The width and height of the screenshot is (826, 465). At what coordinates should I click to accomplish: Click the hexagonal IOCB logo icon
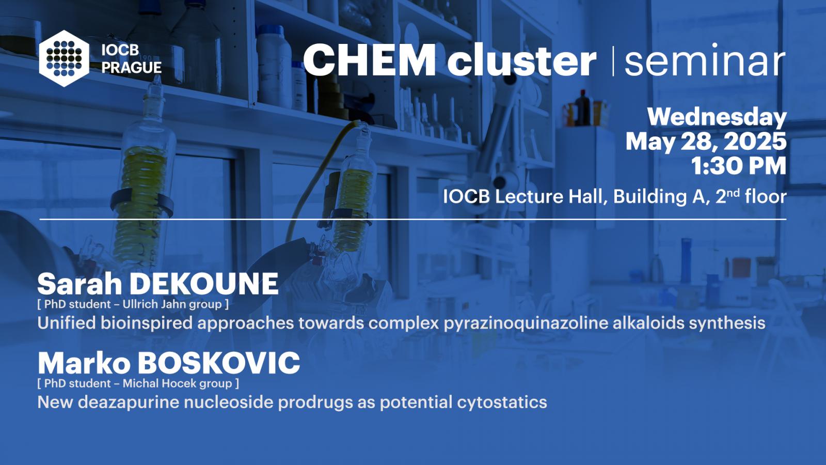pos(64,58)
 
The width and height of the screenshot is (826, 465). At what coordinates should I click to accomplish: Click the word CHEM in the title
pos(370,60)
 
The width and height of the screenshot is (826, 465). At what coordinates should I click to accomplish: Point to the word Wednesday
pos(717,118)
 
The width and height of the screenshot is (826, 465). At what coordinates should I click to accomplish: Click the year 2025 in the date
pos(755,142)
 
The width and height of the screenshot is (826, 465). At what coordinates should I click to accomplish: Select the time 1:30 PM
pos(739,166)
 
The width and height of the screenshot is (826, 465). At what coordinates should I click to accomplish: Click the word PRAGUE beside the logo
pos(132,68)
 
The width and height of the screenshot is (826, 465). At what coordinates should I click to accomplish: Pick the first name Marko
pos(84,363)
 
